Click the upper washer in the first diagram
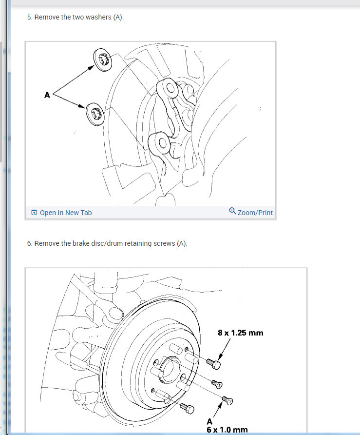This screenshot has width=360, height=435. [102, 59]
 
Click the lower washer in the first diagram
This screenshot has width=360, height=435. [95, 114]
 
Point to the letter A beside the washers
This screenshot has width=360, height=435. [47, 95]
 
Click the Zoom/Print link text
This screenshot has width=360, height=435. [255, 213]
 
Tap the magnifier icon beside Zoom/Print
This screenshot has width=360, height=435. [232, 211]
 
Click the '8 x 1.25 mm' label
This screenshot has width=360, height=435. [241, 333]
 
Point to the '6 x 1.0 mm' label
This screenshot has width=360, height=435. [227, 430]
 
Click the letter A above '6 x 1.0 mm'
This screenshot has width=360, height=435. [209, 421]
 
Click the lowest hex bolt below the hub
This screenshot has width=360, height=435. [187, 408]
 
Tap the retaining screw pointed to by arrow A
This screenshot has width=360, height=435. [227, 400]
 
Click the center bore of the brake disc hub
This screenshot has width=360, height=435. [170, 370]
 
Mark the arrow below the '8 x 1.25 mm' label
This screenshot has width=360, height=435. [225, 349]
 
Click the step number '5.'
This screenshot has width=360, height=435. [30, 17]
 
